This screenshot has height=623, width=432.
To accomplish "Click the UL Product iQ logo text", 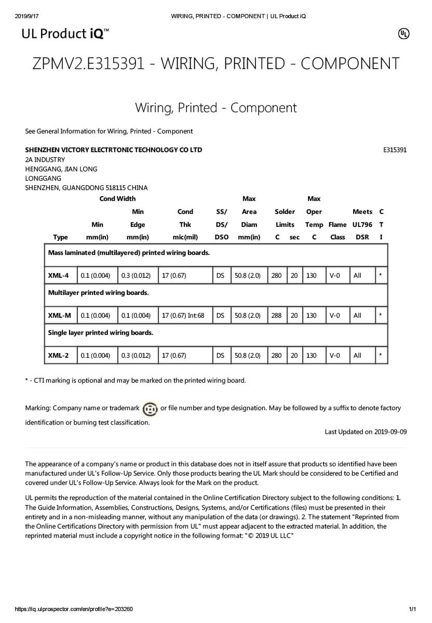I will (65, 34).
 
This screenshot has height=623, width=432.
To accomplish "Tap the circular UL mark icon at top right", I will (403, 34).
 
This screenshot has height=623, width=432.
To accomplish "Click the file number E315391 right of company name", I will (395, 150).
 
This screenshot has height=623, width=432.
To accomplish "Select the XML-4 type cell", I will (59, 276).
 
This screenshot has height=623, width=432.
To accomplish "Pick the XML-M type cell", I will (59, 316).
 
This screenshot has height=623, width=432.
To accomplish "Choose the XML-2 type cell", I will (59, 356).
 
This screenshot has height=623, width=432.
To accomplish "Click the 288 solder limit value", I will (276, 316).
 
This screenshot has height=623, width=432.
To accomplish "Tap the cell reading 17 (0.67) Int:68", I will (183, 316).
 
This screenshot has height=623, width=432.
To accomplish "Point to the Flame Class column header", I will (337, 231).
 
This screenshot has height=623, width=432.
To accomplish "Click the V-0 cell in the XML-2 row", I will (334, 356).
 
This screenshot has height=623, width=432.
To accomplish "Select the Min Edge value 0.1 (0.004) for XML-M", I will (136, 316).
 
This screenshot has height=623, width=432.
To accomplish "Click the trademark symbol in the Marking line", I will (150, 409).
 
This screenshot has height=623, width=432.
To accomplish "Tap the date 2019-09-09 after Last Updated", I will (390, 432).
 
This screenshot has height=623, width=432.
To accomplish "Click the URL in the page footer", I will (74, 609).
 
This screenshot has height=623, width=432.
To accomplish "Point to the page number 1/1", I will (413, 609).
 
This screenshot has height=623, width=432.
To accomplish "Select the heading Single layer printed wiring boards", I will (100, 333).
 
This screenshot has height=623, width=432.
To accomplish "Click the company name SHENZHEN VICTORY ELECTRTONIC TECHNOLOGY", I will (114, 150).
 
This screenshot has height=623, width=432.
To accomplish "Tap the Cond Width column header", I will (117, 199).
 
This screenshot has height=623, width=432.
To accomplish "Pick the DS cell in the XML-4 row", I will (221, 276).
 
